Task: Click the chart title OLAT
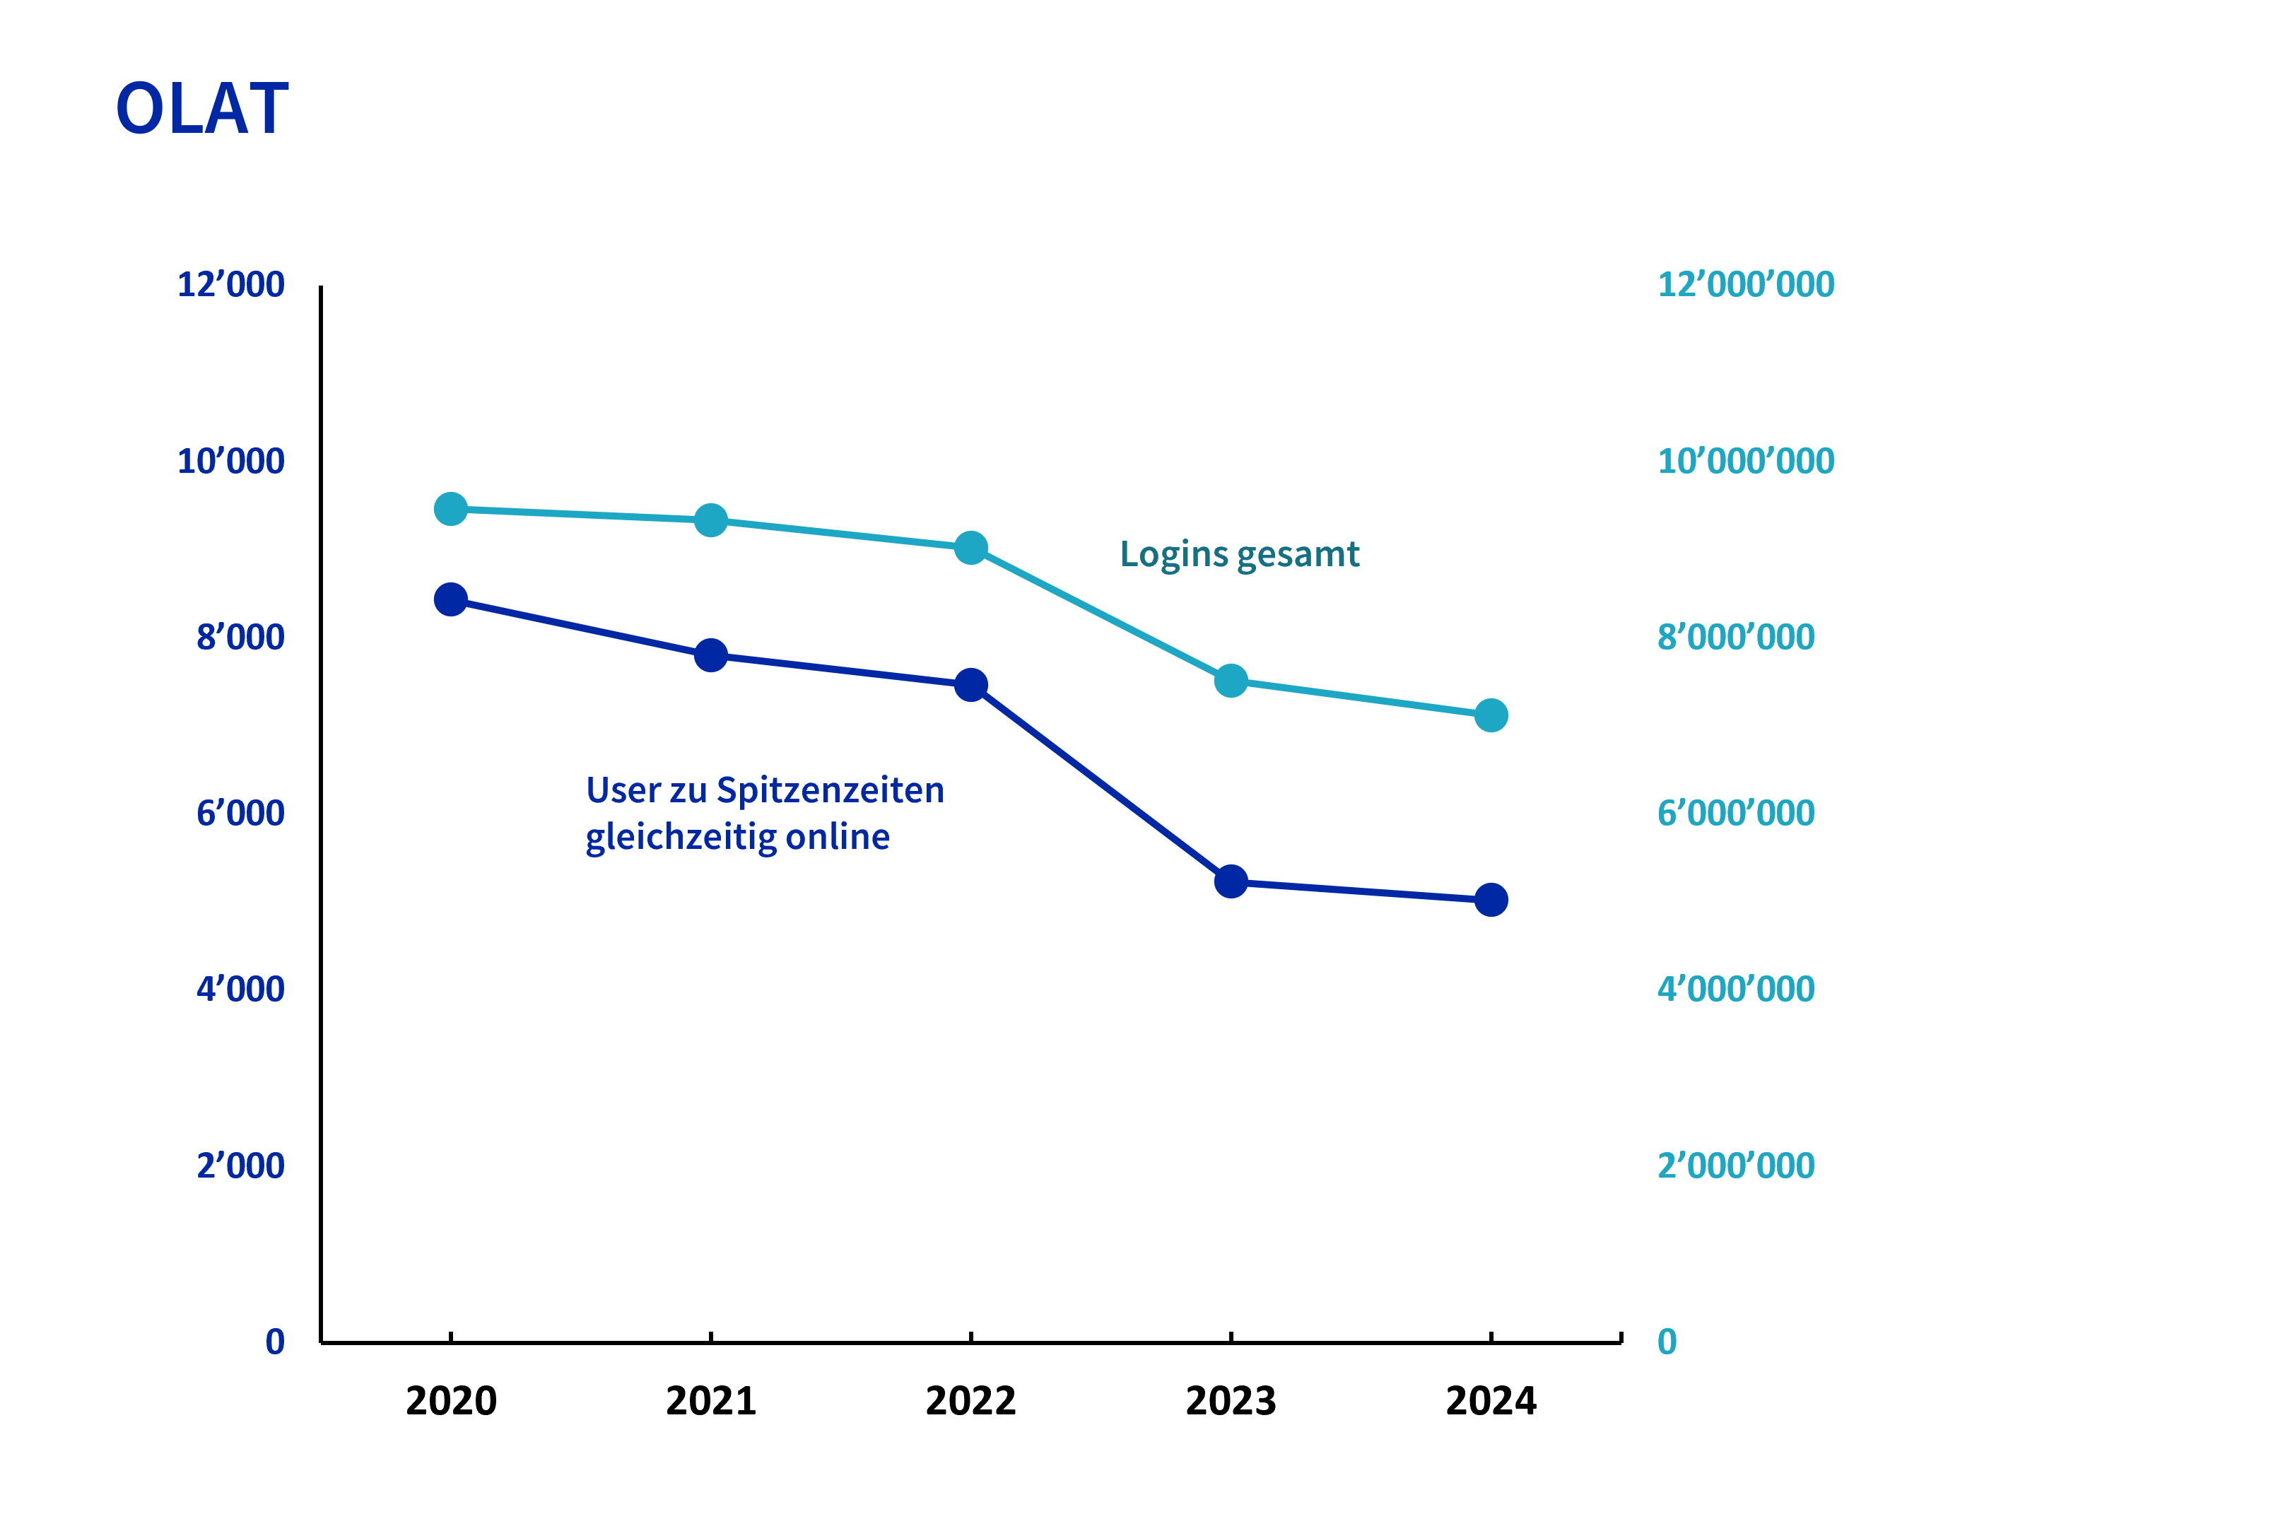[201, 109]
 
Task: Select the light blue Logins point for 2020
[450, 509]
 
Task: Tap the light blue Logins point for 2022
[970, 549]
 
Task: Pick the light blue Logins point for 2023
[1231, 681]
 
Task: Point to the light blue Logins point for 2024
[1491, 716]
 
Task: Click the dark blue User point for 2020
[450, 599]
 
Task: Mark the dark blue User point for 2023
[1231, 881]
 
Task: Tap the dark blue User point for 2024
[1491, 900]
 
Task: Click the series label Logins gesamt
[1239, 555]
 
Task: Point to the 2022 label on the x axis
[970, 1401]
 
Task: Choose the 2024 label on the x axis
[1491, 1401]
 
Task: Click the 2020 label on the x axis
[450, 1401]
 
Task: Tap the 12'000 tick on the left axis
[230, 285]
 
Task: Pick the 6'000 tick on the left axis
[240, 814]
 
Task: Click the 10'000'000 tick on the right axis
[1746, 461]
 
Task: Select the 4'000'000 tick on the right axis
[1735, 989]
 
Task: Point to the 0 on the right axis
[1666, 1342]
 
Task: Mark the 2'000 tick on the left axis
[240, 1166]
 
